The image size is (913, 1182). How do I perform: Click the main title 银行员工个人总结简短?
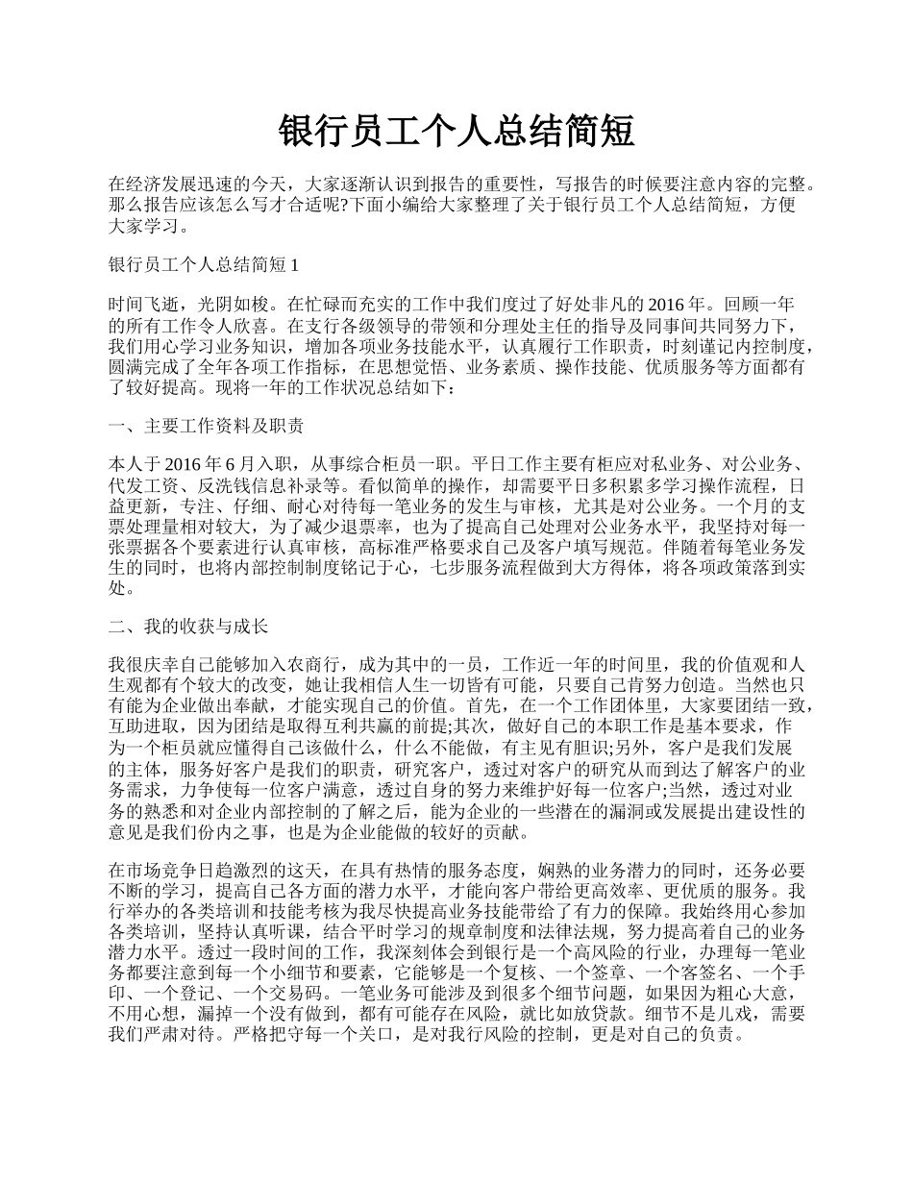(x=456, y=131)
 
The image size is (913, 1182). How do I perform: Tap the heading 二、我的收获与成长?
(x=188, y=627)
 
